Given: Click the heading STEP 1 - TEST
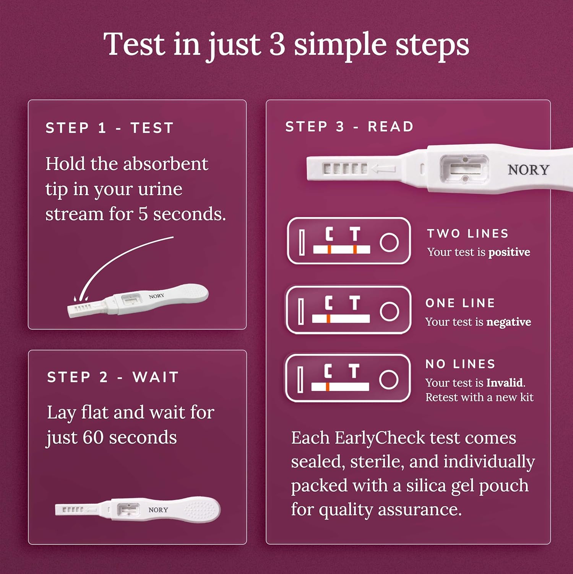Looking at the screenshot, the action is click(110, 128).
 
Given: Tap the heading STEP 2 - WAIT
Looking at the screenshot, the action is click(113, 377).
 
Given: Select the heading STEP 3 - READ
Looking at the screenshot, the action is click(349, 127).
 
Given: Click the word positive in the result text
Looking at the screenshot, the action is click(509, 252).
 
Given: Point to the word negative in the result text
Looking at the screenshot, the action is click(508, 322).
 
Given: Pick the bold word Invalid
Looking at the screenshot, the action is click(504, 383).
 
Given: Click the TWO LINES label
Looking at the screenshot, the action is click(468, 233).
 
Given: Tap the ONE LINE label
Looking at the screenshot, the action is click(460, 303).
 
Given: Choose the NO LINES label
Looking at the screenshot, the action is click(460, 364).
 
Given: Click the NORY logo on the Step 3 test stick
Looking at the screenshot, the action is click(528, 170).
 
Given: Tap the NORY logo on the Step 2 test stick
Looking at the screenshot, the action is click(158, 510).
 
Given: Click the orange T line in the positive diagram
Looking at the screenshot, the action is click(355, 249).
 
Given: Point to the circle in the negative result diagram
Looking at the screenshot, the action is click(390, 311).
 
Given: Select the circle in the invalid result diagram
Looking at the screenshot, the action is click(389, 380).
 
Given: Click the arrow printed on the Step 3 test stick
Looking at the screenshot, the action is click(383, 168).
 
